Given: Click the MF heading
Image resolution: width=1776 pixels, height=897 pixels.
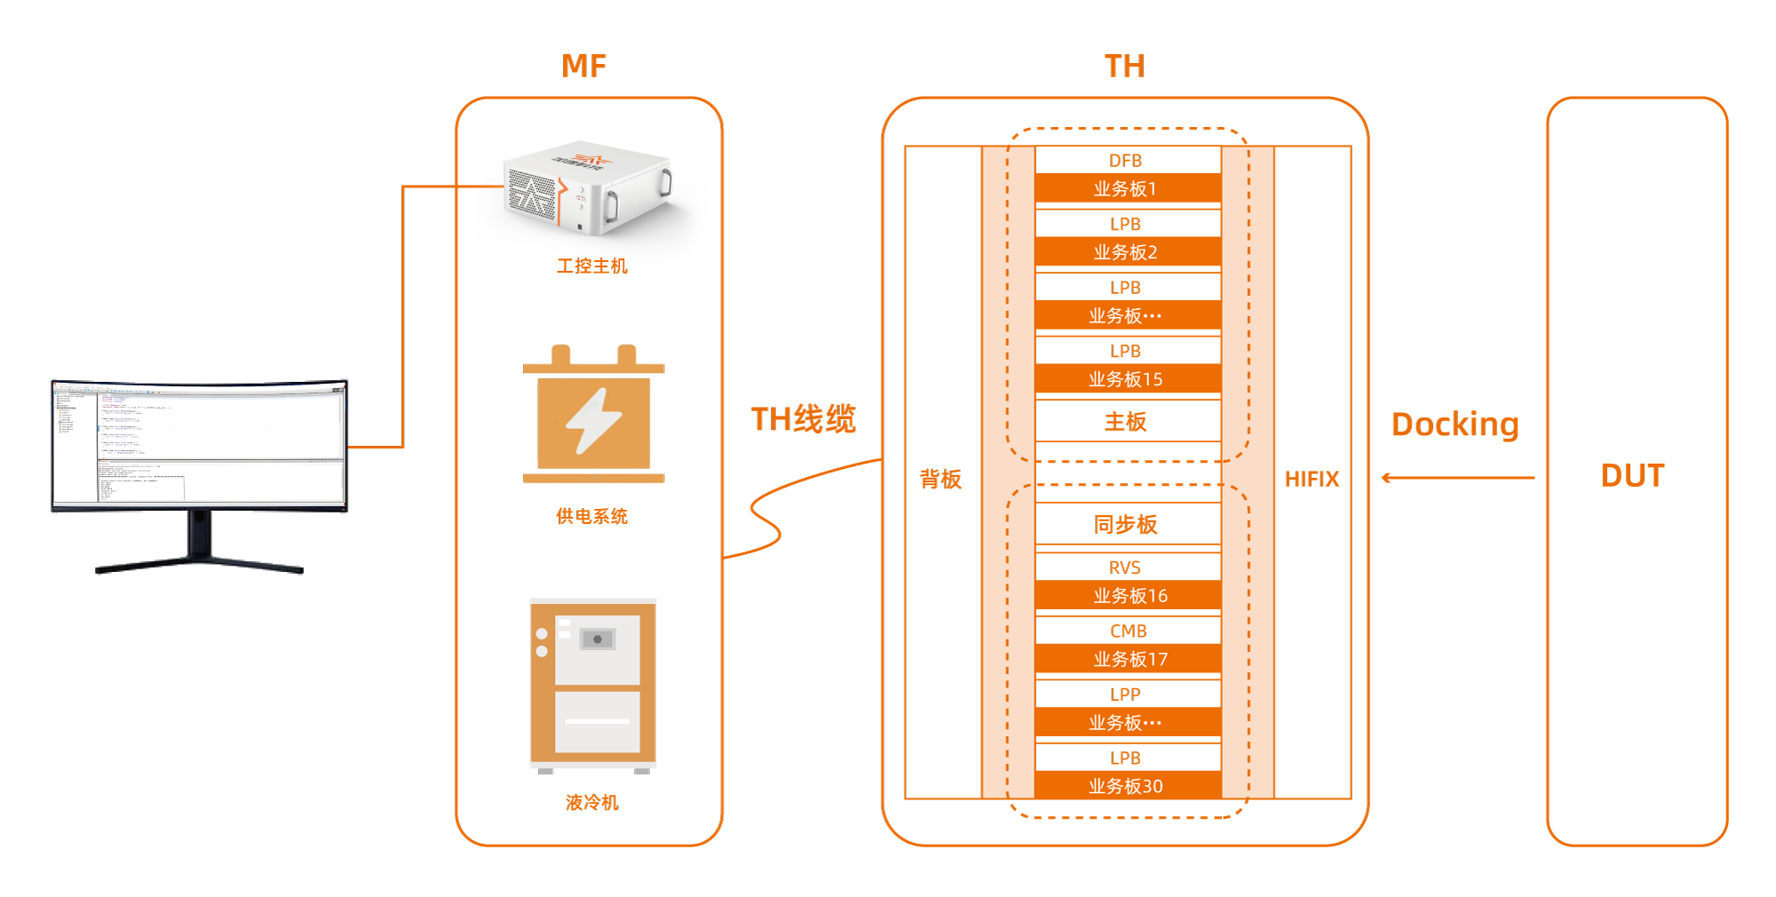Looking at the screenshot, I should (583, 67).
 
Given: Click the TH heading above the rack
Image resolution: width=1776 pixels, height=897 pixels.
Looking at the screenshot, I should (1124, 67).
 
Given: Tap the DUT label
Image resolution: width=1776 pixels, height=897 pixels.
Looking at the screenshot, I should (1632, 476).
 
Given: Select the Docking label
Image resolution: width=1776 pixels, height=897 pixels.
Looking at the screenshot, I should (1455, 425).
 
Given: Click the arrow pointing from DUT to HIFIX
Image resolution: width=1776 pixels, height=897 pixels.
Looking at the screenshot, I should (1457, 478).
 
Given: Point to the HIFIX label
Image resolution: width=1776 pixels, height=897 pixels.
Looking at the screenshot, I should (1312, 480).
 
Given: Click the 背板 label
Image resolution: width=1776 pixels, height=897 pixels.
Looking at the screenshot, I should (940, 480).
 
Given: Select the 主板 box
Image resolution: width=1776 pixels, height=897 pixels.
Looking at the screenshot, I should (1126, 422).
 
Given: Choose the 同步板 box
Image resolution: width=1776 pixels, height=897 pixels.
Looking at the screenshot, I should (1126, 525).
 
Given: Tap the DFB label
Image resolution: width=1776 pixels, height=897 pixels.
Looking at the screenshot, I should (1126, 161).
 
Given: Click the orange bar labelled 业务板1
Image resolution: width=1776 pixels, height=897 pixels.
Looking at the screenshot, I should (1126, 189).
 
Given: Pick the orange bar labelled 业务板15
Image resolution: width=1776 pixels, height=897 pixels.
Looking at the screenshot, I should (1126, 379).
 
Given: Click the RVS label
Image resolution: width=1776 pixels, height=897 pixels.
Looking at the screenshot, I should (1126, 568).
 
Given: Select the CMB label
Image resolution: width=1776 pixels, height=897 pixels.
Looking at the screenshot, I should (1128, 631).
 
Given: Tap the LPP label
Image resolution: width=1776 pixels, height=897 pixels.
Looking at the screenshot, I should (1126, 695).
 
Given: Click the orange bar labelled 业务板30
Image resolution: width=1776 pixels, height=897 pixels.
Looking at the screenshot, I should (1126, 786).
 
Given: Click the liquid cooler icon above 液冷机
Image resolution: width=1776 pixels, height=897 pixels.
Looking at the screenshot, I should (593, 684).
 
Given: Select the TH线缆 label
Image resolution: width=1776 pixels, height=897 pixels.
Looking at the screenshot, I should (803, 419).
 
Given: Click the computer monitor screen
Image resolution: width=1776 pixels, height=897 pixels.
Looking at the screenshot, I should (199, 444).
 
